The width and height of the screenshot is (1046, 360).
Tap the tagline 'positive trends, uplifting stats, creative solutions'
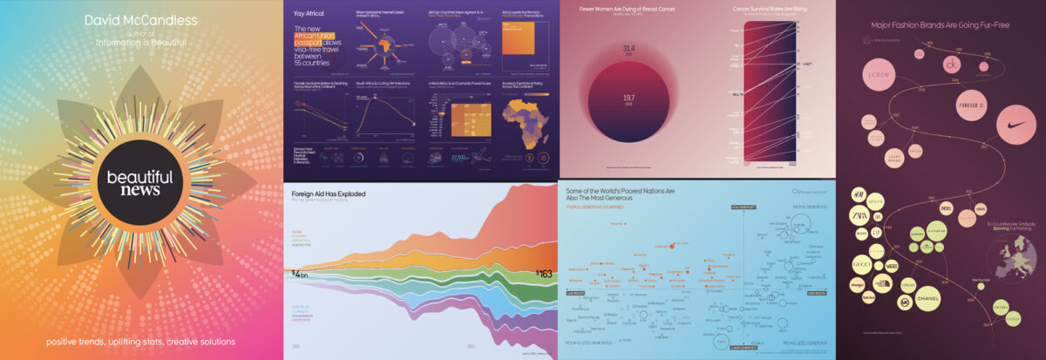(141, 341)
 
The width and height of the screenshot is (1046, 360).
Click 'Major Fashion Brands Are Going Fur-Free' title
(941, 25)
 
